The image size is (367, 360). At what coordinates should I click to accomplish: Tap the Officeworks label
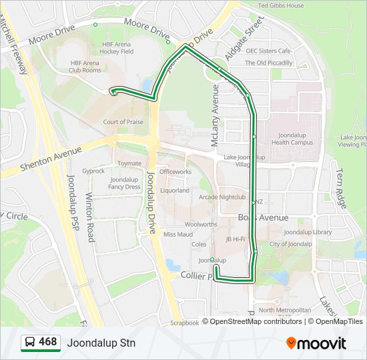tap(175, 171)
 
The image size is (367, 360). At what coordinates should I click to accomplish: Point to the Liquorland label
tap(175, 190)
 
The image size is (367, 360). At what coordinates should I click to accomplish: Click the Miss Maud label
tap(178, 234)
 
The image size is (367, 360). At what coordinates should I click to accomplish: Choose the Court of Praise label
tap(123, 122)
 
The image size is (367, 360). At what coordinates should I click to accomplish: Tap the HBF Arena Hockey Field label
tap(117, 47)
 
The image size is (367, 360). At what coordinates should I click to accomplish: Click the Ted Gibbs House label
tap(281, 6)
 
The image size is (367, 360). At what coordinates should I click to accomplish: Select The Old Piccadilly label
tap(268, 63)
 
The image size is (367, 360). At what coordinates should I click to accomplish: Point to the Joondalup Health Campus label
tap(292, 138)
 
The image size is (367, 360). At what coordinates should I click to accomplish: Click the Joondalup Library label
tap(308, 232)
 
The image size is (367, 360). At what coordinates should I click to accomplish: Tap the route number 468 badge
tap(40, 343)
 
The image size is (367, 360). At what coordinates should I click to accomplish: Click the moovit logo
tap(316, 343)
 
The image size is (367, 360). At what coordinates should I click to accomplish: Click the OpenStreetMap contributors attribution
tap(256, 321)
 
